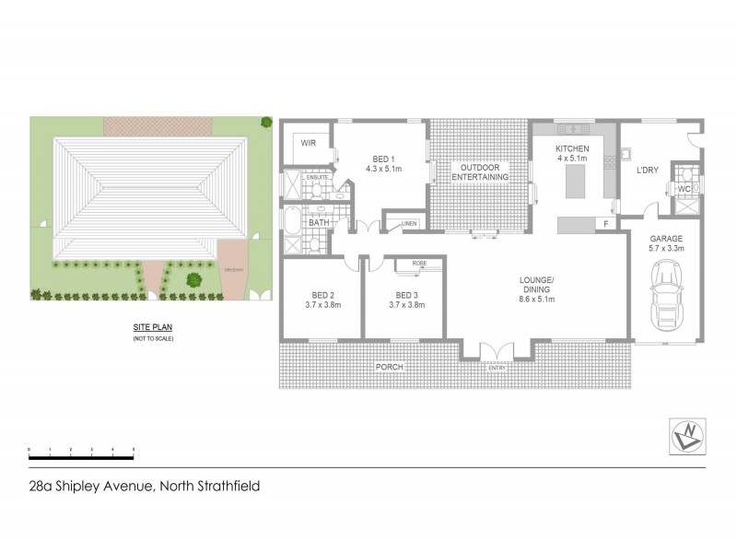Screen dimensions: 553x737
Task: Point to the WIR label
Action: tap(310, 144)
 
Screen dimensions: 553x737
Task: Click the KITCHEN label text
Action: tap(572, 148)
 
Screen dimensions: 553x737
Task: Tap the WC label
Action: tap(684, 189)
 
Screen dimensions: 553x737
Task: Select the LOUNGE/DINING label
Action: tap(535, 286)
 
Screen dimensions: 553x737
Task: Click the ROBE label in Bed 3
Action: tap(420, 264)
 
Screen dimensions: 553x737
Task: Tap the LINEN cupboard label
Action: tap(409, 222)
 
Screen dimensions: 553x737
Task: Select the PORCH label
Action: tap(388, 367)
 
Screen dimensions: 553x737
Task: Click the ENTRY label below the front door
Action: tap(497, 369)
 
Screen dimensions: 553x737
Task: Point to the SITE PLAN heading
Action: tap(152, 327)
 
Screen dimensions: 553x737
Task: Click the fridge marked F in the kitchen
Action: tap(605, 223)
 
